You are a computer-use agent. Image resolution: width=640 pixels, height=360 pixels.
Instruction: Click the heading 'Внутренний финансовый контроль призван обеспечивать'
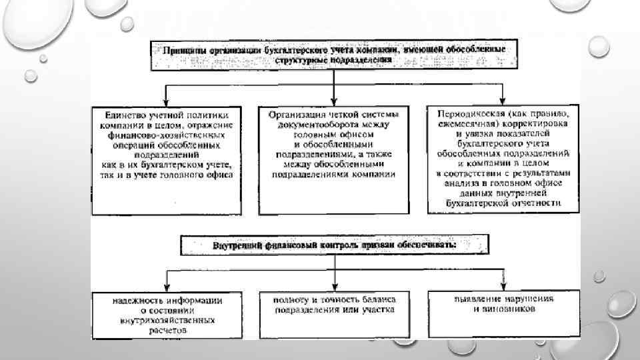[x=333, y=245]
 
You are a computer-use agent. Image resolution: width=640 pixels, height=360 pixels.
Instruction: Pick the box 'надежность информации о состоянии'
[x=167, y=313]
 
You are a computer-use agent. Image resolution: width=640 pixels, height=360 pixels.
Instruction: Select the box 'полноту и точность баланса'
[x=333, y=313]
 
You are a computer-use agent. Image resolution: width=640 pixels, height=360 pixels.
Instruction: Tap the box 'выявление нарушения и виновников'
[x=503, y=313]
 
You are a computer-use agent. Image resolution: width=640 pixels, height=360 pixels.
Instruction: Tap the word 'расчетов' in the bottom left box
[x=167, y=329]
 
